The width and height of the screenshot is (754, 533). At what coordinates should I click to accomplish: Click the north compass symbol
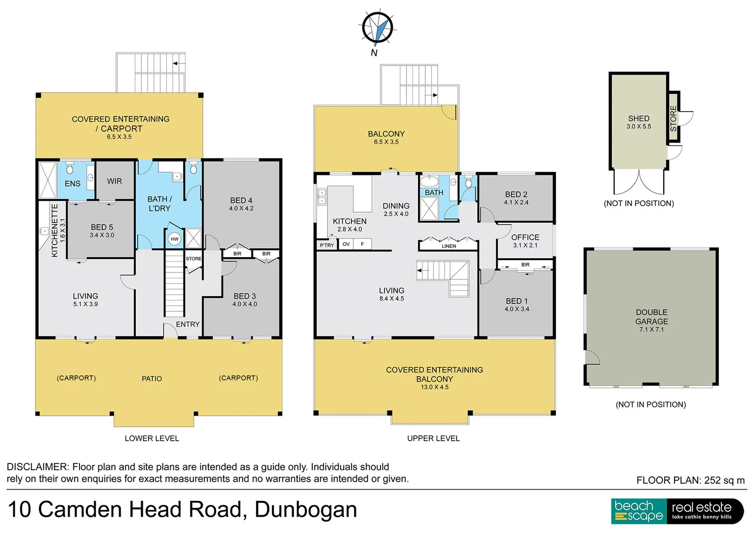(x=377, y=28)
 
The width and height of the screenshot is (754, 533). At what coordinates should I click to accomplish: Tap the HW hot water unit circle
(x=174, y=239)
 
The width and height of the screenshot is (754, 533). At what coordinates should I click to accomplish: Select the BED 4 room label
(x=241, y=200)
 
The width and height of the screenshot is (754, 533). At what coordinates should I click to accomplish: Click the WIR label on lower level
(x=114, y=181)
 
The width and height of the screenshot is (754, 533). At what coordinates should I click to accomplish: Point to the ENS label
(x=73, y=184)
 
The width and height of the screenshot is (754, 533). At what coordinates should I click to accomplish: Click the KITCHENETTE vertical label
(x=55, y=230)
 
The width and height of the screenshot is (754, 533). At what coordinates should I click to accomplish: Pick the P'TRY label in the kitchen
(x=327, y=245)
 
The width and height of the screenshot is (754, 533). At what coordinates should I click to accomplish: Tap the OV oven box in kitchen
(x=346, y=244)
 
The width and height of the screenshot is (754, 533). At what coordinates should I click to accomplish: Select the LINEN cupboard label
(x=449, y=246)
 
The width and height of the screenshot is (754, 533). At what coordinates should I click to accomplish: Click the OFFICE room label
(x=525, y=237)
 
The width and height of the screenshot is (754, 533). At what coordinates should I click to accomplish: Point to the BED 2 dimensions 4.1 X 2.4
(x=516, y=202)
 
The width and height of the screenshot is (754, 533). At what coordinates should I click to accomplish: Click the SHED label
(x=639, y=118)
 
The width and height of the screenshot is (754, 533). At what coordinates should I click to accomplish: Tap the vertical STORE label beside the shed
(x=674, y=118)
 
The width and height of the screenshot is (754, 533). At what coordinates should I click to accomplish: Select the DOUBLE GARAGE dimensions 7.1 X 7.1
(x=651, y=330)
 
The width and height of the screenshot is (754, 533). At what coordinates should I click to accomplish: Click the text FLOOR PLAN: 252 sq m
(x=690, y=480)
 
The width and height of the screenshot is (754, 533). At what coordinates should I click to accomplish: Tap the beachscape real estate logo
(x=677, y=511)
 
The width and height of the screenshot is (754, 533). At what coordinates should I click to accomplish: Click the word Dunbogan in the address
(x=305, y=510)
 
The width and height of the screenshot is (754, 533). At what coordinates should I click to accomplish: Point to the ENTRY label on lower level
(x=188, y=324)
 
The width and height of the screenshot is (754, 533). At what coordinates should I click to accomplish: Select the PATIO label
(x=151, y=379)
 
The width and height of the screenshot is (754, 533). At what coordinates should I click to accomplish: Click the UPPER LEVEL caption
(x=433, y=438)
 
